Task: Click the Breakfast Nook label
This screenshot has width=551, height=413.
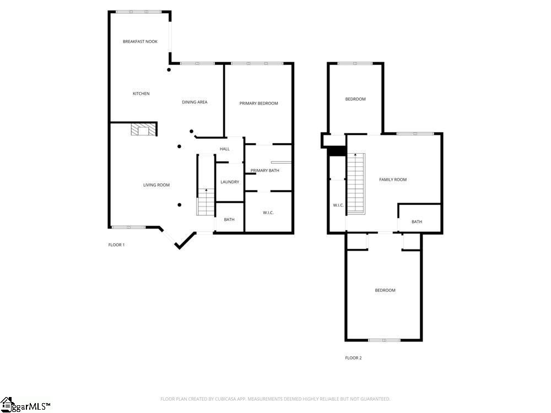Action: pos(140,41)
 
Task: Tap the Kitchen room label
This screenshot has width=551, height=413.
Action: pos(141,94)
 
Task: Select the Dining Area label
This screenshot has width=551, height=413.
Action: pos(195,102)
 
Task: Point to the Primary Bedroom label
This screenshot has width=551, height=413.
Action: pos(258,104)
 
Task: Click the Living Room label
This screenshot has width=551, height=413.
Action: pos(156,185)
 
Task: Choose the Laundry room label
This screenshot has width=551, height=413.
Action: pos(229,182)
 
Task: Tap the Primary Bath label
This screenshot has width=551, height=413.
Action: pos(264,171)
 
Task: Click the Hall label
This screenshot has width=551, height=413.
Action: pos(225,149)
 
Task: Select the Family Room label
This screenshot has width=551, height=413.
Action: pos(393,180)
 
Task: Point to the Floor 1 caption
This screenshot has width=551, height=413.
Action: pos(116,244)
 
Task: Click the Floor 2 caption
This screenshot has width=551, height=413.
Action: pos(353,358)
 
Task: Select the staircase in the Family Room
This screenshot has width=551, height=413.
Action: pos(356,183)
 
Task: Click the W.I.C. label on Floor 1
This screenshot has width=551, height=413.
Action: pos(268,213)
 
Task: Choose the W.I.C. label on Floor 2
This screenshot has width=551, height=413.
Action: pos(338,205)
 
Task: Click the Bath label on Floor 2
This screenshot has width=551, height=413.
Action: pos(417,222)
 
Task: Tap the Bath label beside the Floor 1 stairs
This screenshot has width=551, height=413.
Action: pos(229,220)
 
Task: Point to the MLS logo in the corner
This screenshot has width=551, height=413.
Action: pos(25,406)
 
